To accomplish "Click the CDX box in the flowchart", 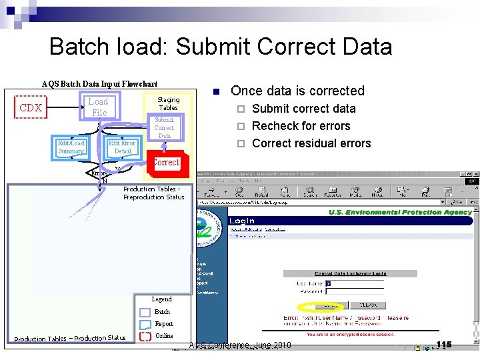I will point(31,108).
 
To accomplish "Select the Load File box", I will point(98,107).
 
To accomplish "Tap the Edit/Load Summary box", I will point(71,147).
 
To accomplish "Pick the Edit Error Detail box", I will point(122,147).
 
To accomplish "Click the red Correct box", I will point(165,163).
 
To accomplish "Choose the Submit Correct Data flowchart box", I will point(164,128).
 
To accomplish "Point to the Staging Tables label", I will point(168,103).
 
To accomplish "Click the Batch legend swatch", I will point(145,312).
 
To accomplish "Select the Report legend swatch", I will point(145,324).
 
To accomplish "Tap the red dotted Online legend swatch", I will point(145,336).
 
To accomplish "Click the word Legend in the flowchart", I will point(161,299).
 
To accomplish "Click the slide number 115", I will point(443,345).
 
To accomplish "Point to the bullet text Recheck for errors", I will point(301,126).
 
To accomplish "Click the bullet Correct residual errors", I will point(311,143).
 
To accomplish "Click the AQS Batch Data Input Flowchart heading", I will point(99,84).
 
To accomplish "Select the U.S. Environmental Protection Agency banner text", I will point(400,213).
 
